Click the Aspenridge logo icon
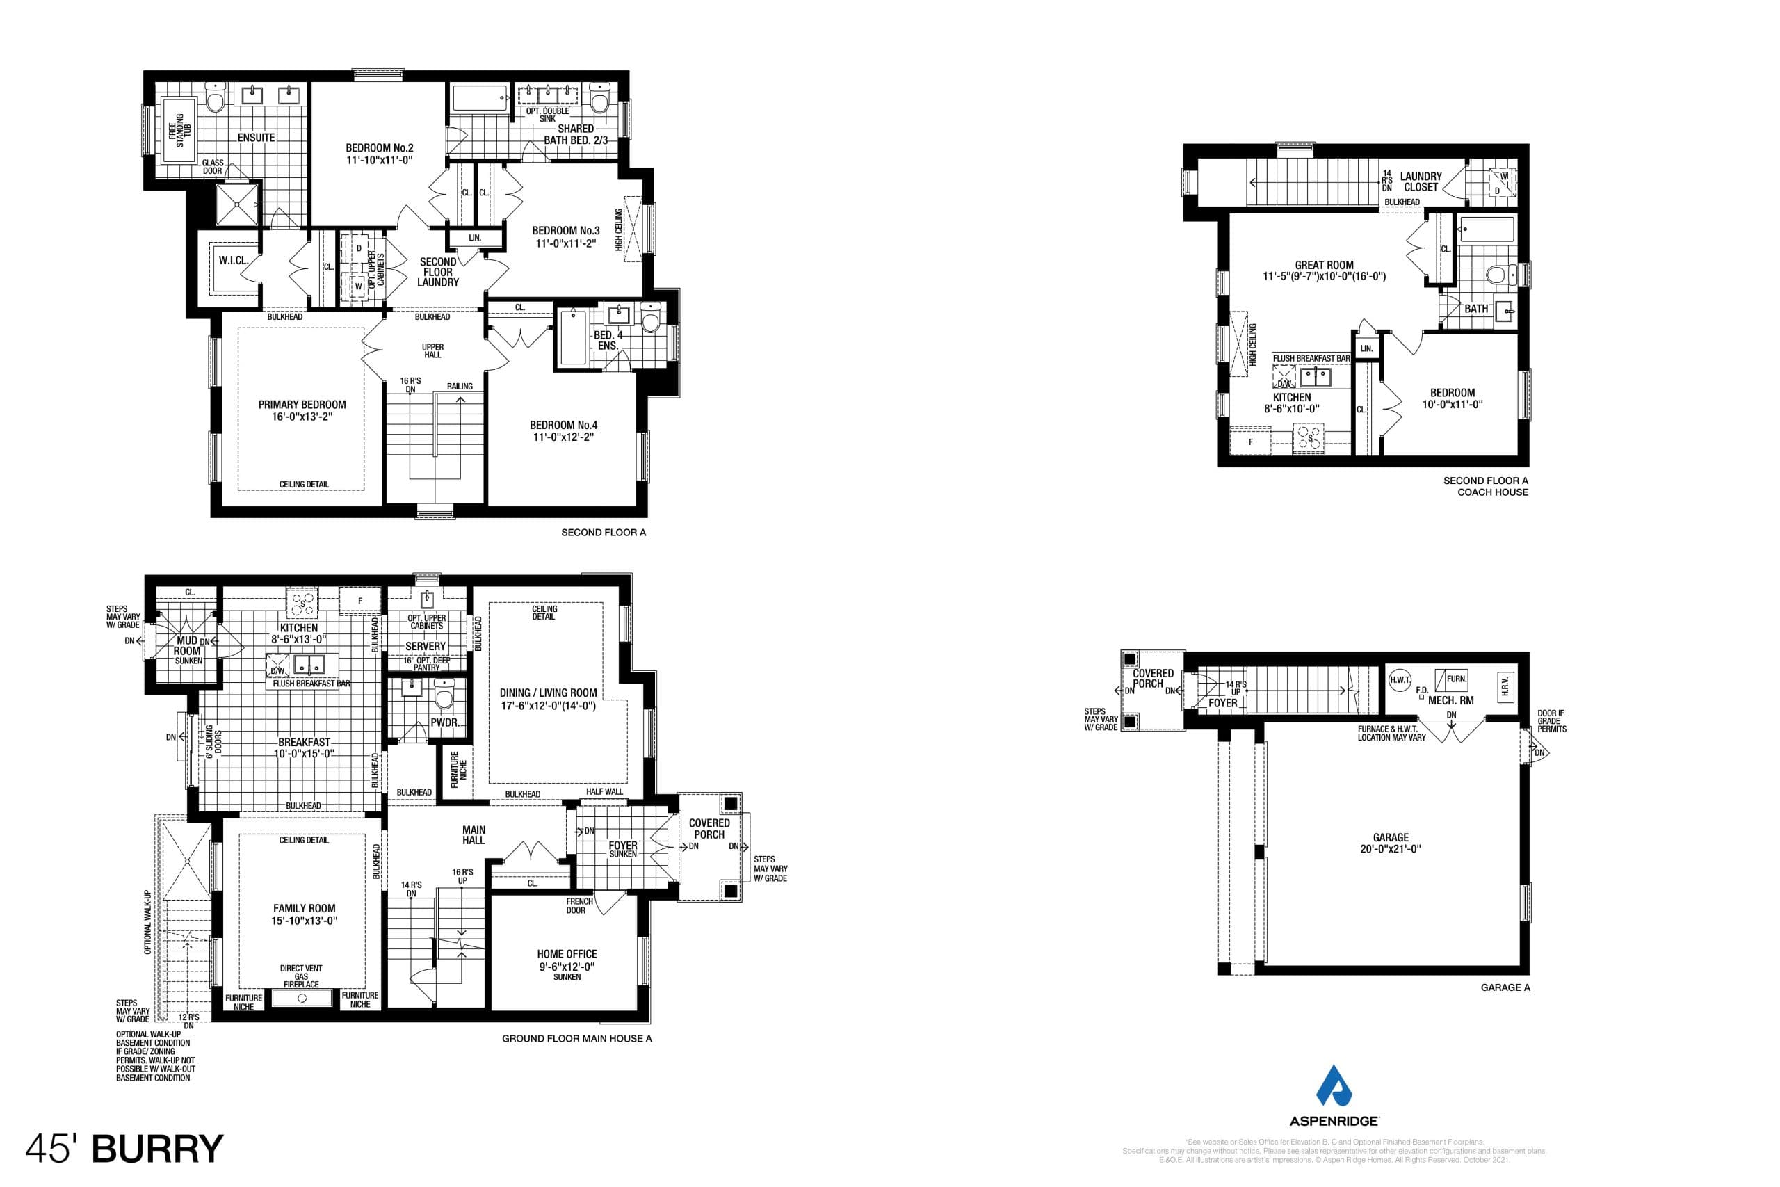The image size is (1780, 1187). click(1334, 1087)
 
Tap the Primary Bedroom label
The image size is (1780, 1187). click(302, 404)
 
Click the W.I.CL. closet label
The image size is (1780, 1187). click(233, 260)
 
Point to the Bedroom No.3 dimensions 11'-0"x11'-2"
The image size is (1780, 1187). click(565, 244)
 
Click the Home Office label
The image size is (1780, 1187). click(567, 954)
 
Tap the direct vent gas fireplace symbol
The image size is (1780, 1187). click(302, 999)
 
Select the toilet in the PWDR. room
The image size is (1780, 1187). click(444, 692)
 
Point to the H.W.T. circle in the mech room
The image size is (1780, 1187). click(1400, 680)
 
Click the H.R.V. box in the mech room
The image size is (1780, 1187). click(1505, 686)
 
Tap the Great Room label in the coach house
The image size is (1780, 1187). click(1324, 265)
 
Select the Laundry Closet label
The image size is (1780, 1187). click(1421, 181)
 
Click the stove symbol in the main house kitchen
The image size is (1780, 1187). click(303, 604)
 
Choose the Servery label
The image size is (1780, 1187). click(426, 646)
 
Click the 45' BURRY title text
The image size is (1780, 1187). click(125, 1148)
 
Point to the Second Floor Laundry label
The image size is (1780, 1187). click(437, 272)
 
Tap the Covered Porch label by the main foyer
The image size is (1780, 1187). click(709, 828)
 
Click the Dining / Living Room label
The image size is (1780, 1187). click(548, 693)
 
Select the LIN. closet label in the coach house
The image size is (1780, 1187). click(1366, 349)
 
